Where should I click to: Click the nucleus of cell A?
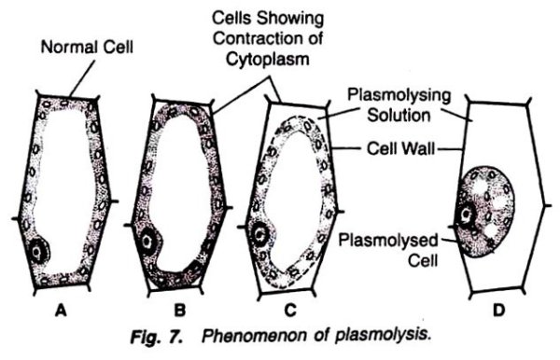point(40,250)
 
